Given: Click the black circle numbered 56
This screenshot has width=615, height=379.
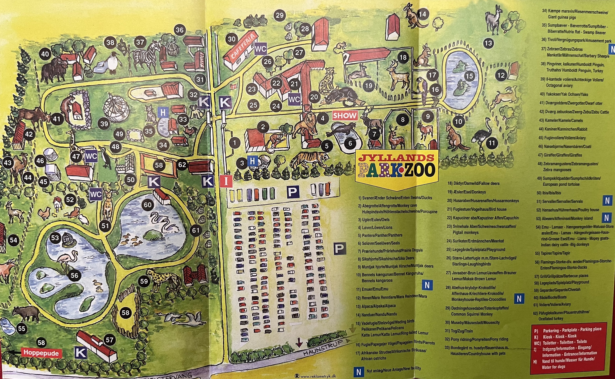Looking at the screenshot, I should coord(74,275).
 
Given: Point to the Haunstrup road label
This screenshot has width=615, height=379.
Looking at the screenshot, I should coord(323,348).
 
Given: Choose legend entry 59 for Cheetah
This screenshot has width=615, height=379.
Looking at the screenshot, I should coord(558,290).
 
